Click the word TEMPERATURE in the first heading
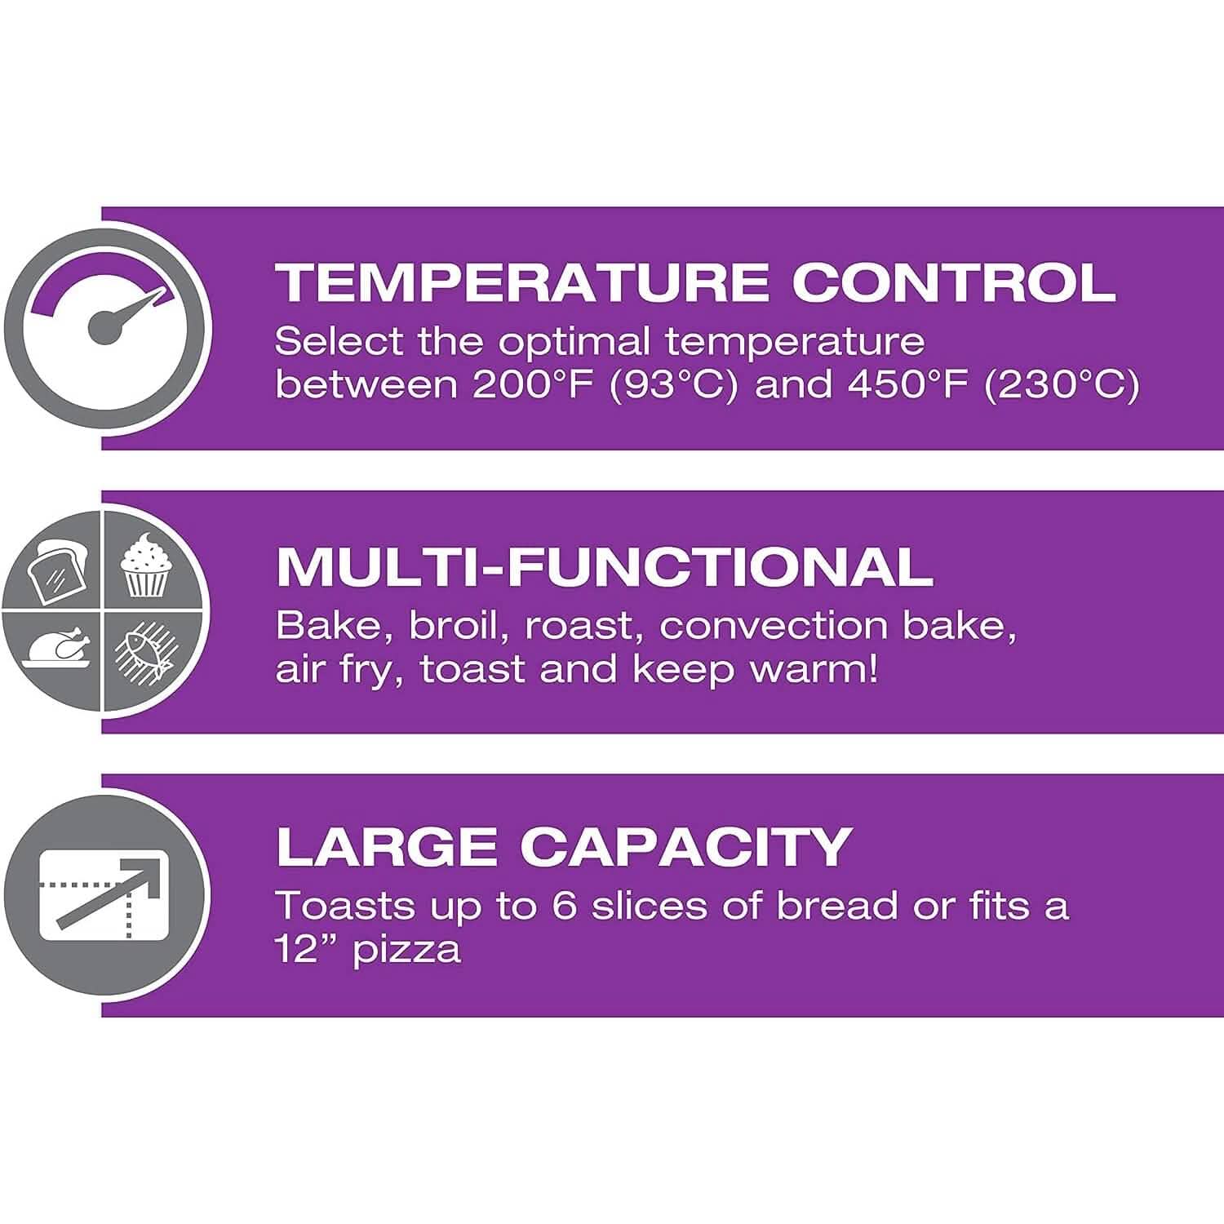(521, 282)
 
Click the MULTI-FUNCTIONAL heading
(605, 567)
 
